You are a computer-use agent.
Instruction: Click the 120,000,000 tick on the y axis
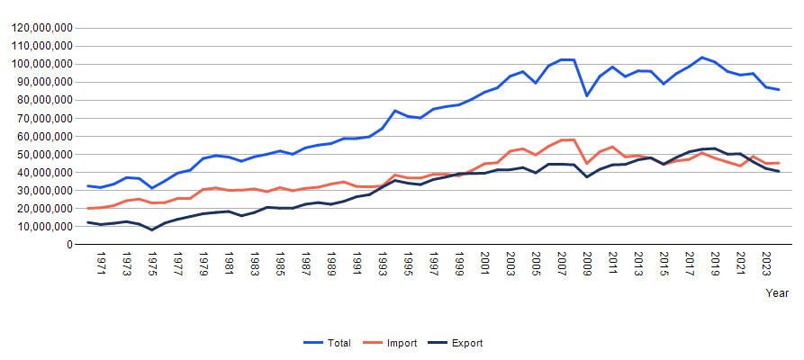coord(41,28)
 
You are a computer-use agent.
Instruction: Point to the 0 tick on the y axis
coord(68,244)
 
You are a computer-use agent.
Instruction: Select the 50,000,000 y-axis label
coord(45,154)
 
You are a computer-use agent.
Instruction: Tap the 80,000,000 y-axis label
coord(45,100)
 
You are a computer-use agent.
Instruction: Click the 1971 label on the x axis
coord(102,264)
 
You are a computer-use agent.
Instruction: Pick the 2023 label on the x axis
coord(766,264)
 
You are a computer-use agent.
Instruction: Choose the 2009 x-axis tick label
coord(587,264)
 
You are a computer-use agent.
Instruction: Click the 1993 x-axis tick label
coord(383,264)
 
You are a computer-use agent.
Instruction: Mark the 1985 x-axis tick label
coord(281,264)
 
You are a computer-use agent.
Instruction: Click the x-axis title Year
coord(777,293)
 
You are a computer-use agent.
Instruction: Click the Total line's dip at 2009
coord(587,95)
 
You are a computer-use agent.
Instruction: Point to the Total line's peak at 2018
coord(702,58)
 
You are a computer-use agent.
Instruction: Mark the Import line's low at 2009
coord(587,164)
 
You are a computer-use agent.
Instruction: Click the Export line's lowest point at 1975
coord(152,229)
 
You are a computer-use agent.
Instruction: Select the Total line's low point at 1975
coord(152,188)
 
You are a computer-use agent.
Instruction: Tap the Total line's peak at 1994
coord(395,111)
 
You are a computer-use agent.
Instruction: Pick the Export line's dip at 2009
coord(587,176)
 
